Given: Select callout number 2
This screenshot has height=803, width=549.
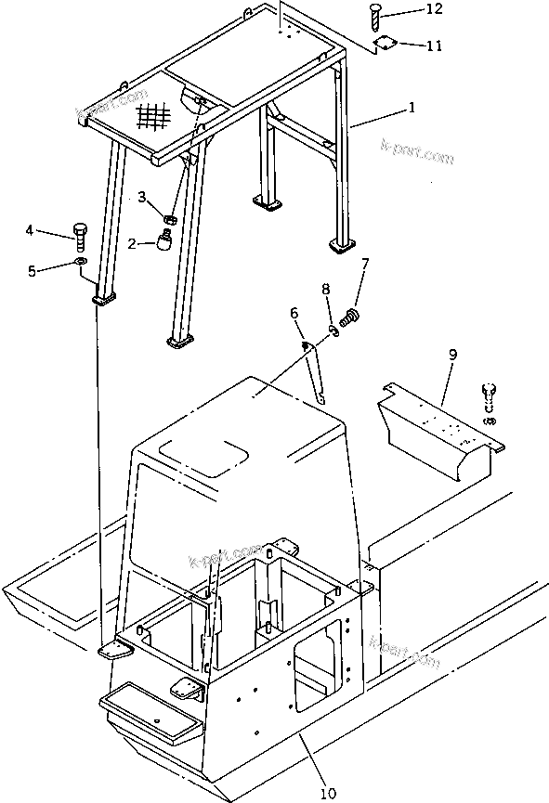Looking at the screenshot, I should pyautogui.click(x=132, y=243).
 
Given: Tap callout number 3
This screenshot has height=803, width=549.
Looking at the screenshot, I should pyautogui.click(x=142, y=197).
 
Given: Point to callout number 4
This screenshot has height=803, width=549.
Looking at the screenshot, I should pyautogui.click(x=55, y=229).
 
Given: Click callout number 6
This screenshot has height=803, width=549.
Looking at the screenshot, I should pyautogui.click(x=295, y=314).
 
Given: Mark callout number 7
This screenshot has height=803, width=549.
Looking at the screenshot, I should pyautogui.click(x=365, y=265).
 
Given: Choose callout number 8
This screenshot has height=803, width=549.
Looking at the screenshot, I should pyautogui.click(x=325, y=291).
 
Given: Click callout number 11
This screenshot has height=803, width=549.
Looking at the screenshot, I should pyautogui.click(x=434, y=45).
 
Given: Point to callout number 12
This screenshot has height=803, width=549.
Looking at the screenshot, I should pyautogui.click(x=434, y=9).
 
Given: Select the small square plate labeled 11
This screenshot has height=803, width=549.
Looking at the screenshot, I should pyautogui.click(x=383, y=43).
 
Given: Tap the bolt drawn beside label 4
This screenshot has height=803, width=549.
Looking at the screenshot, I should pyautogui.click(x=80, y=236).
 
